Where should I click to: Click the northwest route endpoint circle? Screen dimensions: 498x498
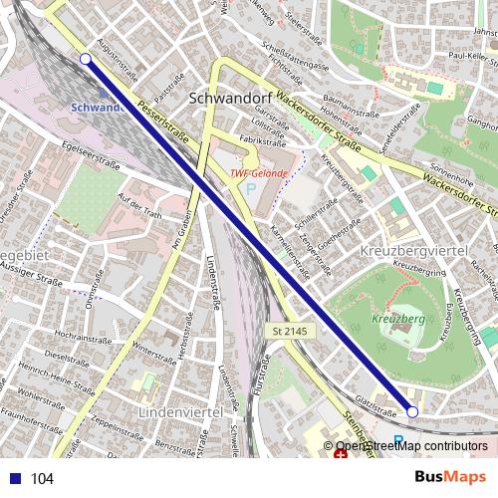pyautogui.click(x=85, y=60)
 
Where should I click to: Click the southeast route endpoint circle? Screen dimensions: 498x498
pyautogui.click(x=412, y=410)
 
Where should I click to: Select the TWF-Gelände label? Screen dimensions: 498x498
pyautogui.click(x=259, y=172)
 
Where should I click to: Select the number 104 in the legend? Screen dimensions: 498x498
pyautogui.click(x=42, y=479)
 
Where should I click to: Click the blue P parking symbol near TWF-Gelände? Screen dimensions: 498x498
pyautogui.click(x=251, y=188)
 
